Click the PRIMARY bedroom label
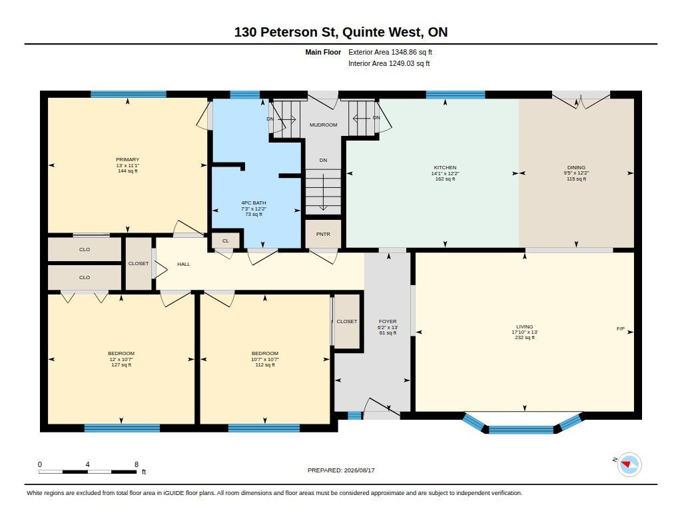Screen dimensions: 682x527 click(127, 160)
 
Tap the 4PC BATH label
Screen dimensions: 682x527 click(254, 203)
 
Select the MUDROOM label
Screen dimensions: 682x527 click(323, 125)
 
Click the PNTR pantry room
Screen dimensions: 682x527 click(323, 234)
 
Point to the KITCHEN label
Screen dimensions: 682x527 click(445, 167)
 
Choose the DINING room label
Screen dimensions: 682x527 click(576, 167)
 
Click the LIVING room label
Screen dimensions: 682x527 click(525, 327)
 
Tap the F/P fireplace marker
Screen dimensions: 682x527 click(621, 328)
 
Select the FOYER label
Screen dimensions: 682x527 click(388, 322)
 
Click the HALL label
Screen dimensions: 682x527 click(184, 264)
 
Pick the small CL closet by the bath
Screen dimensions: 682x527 click(225, 241)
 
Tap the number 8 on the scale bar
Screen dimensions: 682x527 click(137, 464)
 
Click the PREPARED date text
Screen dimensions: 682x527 click(341, 470)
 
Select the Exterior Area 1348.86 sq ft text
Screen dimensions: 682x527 click(390, 52)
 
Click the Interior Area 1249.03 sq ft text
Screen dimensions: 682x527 click(389, 63)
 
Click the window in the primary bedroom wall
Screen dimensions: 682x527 click(129, 94)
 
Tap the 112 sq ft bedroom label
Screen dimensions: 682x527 click(265, 365)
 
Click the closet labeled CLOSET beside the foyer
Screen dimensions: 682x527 click(346, 321)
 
